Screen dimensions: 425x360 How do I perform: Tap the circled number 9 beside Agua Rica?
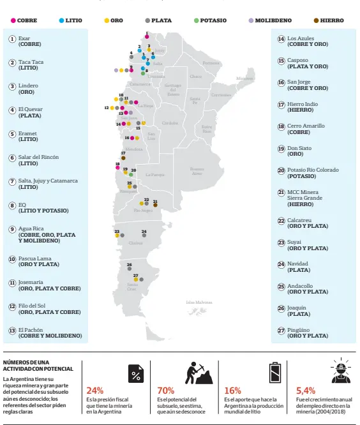coord(12,228)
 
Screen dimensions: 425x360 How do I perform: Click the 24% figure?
coord(95,390)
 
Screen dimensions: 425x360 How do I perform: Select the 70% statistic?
coord(166,390)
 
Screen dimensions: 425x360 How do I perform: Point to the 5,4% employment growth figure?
coord(305,390)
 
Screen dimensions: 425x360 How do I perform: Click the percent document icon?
coord(135,373)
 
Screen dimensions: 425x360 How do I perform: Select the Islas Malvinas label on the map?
coord(199,302)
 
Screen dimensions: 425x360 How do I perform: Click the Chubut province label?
coord(135,243)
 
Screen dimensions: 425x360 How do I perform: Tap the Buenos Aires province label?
coord(197,170)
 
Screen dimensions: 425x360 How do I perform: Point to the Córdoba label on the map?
coord(170,123)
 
